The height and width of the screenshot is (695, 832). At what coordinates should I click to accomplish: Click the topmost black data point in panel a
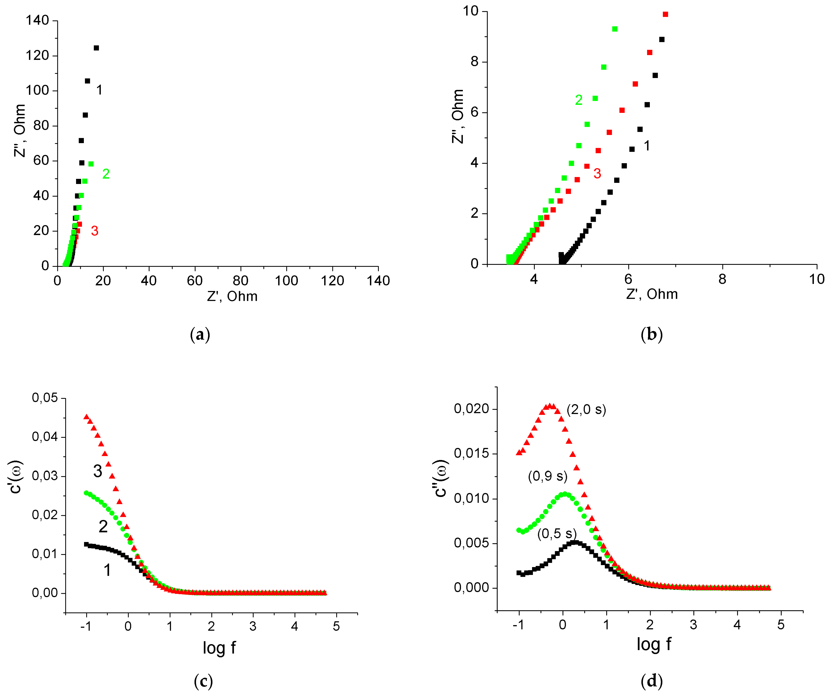tap(96, 48)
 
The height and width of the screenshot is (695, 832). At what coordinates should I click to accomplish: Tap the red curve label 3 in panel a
tap(94, 231)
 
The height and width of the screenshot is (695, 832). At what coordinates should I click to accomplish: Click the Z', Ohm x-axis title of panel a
tap(232, 296)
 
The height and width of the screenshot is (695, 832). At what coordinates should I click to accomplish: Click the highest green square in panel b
tap(615, 29)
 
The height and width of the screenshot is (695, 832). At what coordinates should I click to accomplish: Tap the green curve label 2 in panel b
tap(579, 100)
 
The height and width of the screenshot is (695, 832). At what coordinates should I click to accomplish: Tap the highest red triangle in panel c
tap(86, 416)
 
